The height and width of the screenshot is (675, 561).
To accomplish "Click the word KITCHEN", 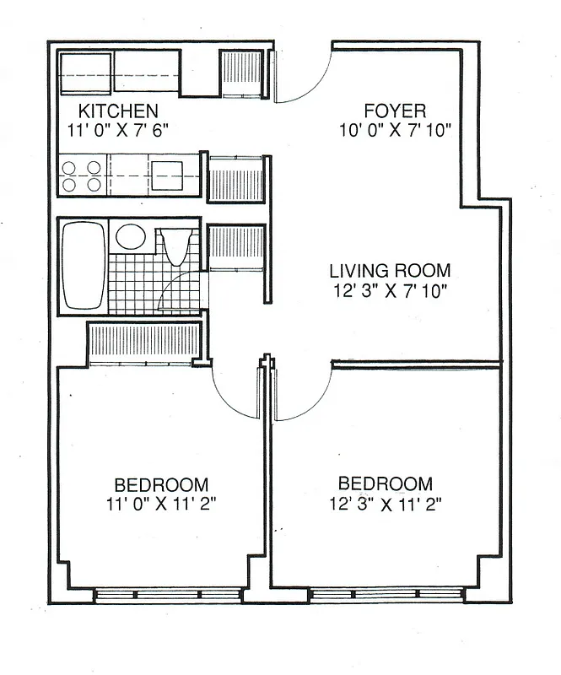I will [118, 111].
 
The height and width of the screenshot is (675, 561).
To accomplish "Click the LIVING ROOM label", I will [390, 271].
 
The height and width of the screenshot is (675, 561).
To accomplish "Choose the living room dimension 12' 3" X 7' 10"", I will [389, 291].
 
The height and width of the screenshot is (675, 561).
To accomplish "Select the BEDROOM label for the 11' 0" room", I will [161, 485].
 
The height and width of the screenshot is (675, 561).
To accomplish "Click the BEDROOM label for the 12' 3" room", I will [385, 484].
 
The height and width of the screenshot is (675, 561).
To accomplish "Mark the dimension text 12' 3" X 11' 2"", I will [385, 504].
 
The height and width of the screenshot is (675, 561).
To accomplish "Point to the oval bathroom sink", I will [130, 235].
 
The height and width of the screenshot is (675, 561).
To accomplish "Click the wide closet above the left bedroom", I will [144, 343].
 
